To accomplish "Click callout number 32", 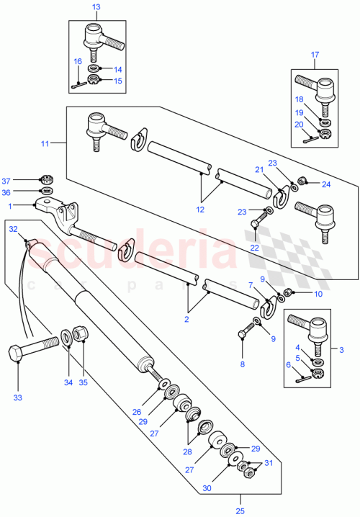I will [12, 229].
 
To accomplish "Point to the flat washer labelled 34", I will [66, 336].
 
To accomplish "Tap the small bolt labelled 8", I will [246, 333].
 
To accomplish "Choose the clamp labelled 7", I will [268, 310].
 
